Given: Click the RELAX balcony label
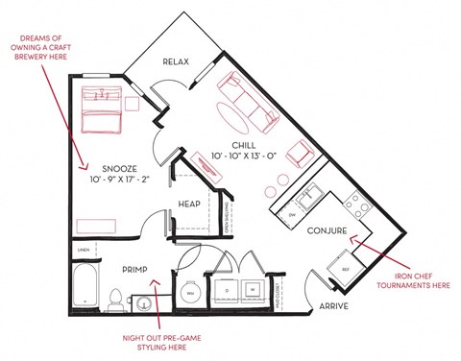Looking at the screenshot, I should point(176,61).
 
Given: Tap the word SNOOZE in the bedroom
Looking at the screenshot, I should point(119,165).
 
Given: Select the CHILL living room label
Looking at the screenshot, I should point(243,144).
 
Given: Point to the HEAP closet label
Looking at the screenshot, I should point(188,204).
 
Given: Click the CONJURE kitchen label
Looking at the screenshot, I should point(327,232).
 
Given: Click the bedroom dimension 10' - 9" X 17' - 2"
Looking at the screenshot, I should point(119,179).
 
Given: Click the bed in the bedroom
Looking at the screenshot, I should point(102,111).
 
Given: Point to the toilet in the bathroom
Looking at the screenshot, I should point(115,299).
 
